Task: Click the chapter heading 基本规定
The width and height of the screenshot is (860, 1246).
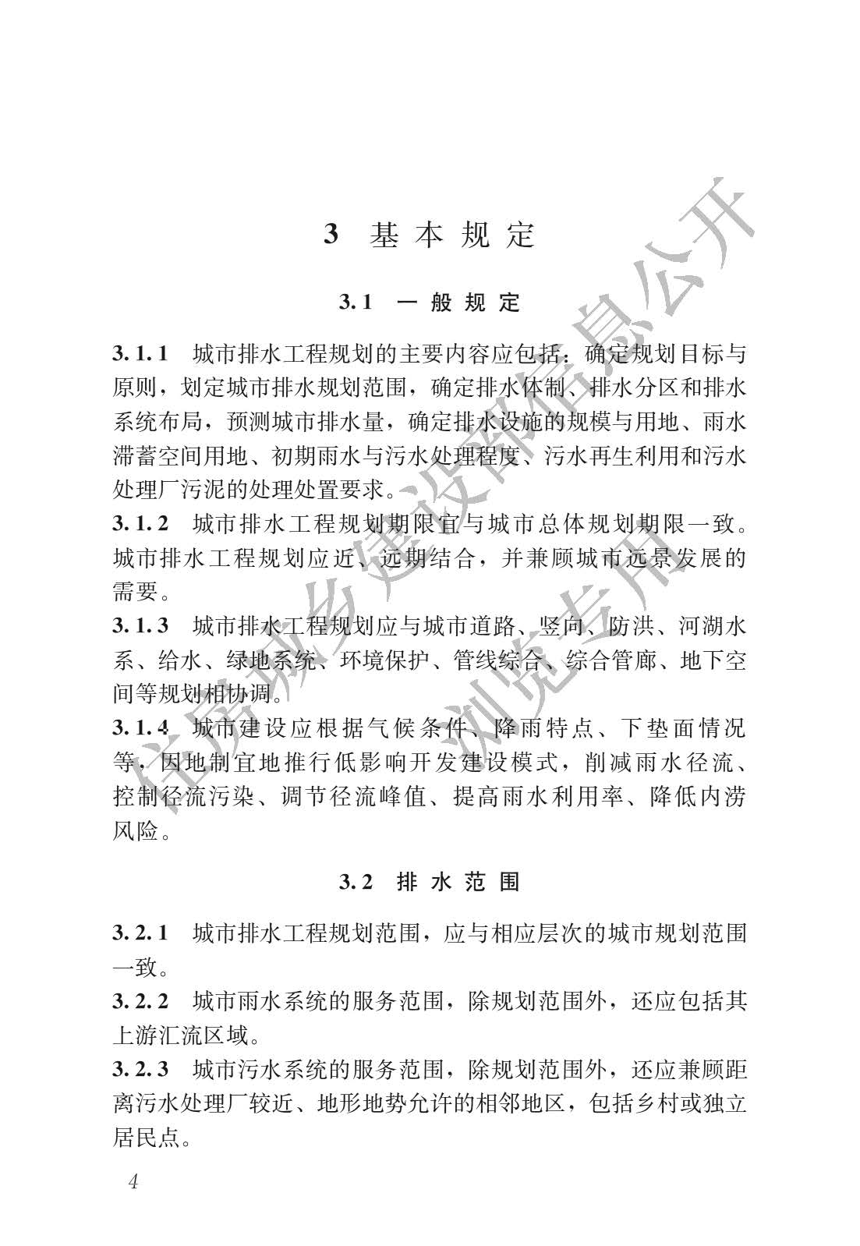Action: tap(452, 235)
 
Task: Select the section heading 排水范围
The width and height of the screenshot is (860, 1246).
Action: tap(458, 882)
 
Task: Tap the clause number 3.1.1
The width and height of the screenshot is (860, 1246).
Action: tap(140, 354)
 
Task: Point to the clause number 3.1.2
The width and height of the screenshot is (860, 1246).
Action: tap(140, 523)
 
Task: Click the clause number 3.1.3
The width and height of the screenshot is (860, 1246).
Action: tap(140, 625)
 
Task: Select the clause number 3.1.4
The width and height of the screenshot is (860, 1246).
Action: tap(140, 728)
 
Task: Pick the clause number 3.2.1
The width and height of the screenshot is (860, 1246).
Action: tap(140, 933)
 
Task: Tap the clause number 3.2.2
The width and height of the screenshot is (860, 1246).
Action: tap(140, 1000)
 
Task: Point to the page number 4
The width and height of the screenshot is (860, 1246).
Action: tap(132, 1182)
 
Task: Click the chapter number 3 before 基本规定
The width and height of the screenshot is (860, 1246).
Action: tap(331, 235)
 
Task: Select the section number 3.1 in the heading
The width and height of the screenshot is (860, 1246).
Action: tap(356, 303)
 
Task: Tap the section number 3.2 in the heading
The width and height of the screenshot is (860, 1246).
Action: tap(356, 882)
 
